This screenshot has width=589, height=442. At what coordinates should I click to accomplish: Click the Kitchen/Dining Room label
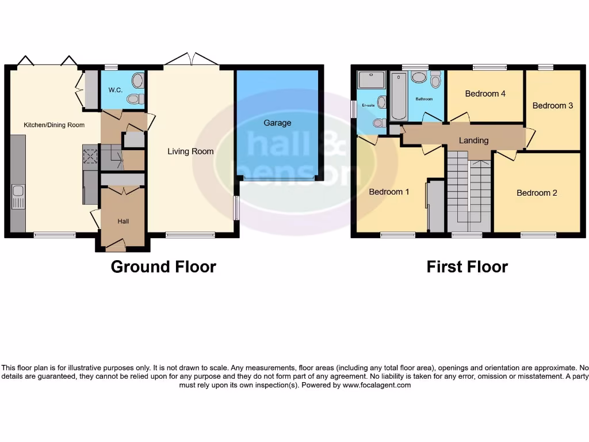point(54,125)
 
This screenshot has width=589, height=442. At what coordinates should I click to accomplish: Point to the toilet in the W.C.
point(135,99)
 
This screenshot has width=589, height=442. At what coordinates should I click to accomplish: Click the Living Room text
point(190,151)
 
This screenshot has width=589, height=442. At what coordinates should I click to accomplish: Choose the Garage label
point(277,123)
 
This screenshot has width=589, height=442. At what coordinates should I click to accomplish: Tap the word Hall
point(123,221)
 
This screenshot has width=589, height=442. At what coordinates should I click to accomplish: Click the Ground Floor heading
point(163,267)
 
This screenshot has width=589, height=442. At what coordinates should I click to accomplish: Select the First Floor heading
point(467,267)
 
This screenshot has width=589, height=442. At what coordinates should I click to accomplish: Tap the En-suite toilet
point(379,123)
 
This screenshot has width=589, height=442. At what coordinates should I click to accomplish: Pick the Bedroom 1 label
point(389,192)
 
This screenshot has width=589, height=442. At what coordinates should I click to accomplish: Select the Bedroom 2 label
point(537,193)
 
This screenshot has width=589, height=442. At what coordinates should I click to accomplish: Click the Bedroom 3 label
point(552,105)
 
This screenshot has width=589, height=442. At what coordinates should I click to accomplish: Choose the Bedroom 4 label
point(485,93)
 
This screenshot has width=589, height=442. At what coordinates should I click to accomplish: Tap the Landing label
point(473,140)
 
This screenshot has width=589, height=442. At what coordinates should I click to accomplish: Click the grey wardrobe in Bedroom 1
point(435,206)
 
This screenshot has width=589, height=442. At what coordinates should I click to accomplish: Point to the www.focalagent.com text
point(377,385)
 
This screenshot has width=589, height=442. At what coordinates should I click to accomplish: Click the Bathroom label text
point(424,99)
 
